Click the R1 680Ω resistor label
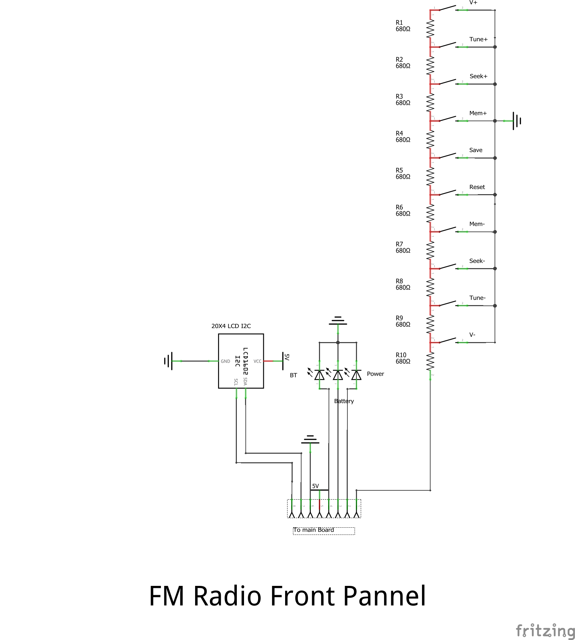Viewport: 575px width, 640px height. click(x=403, y=26)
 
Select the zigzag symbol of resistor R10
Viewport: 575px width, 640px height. click(x=430, y=362)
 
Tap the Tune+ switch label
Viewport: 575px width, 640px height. click(x=478, y=39)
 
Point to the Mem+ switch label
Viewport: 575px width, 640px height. click(x=478, y=113)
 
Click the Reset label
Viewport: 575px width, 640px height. click(x=477, y=187)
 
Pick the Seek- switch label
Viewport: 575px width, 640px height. click(x=477, y=261)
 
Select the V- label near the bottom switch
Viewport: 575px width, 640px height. click(x=472, y=335)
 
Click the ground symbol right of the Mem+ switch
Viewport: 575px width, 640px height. click(x=516, y=121)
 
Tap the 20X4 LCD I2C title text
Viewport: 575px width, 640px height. click(x=231, y=326)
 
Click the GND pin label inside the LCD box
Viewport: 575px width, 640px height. click(x=225, y=361)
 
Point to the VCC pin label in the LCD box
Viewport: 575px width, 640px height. click(x=257, y=361)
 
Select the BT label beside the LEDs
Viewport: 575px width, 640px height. click(x=293, y=375)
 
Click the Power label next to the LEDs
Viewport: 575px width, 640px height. click(x=375, y=374)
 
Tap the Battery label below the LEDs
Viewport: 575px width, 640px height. click(x=344, y=401)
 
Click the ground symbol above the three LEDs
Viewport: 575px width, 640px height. click(x=338, y=321)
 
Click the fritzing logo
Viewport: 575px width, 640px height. click(x=545, y=630)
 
